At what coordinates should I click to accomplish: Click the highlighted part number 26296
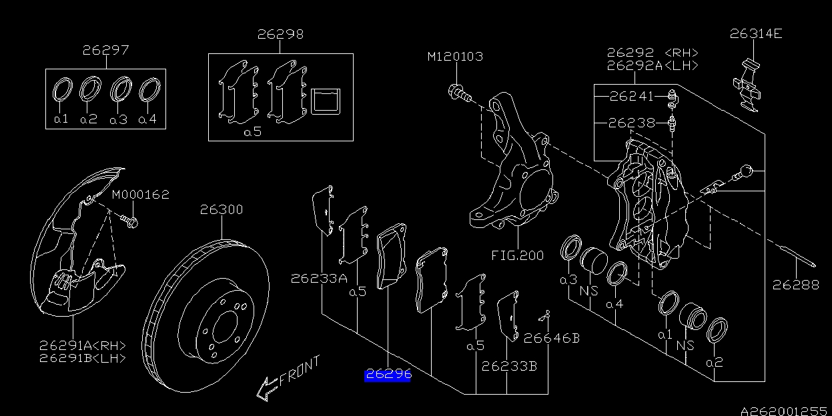[x=388, y=375]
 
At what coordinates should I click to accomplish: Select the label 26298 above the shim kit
[x=280, y=34]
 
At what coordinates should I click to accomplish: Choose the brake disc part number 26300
[x=222, y=210]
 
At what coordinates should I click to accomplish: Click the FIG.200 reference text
[x=517, y=255]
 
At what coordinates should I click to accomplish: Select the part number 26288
[x=795, y=285]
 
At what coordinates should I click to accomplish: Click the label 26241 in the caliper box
[x=632, y=96]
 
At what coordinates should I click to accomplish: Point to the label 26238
[x=632, y=123]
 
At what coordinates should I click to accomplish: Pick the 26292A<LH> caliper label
[x=652, y=65]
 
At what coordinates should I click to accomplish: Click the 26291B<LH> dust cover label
[x=82, y=358]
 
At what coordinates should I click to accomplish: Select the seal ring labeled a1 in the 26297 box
[x=61, y=89]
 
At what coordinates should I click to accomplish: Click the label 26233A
[x=318, y=279]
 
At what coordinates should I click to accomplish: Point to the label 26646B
[x=551, y=338]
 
